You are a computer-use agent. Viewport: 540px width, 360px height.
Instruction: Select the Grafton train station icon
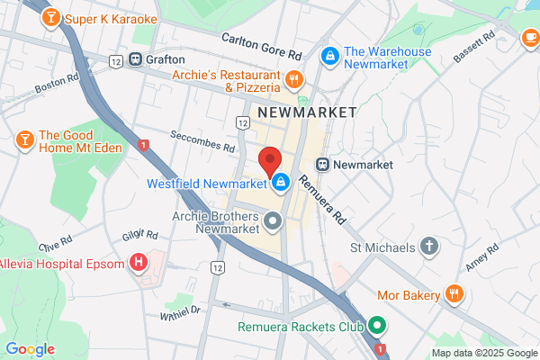click(136, 59)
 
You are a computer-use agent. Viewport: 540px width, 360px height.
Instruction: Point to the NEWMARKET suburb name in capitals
click(307, 112)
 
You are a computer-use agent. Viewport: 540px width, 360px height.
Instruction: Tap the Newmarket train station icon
click(321, 165)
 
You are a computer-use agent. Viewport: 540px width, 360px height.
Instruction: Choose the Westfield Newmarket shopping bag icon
click(281, 183)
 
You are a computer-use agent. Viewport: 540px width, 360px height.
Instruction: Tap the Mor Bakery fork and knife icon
click(455, 293)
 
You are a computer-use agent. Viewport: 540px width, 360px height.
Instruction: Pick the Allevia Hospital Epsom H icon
click(139, 263)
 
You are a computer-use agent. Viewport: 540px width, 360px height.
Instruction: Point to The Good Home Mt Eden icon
click(24, 139)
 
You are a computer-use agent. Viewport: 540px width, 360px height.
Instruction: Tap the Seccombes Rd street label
click(204, 141)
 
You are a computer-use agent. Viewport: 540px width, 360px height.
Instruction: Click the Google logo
click(30, 349)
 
